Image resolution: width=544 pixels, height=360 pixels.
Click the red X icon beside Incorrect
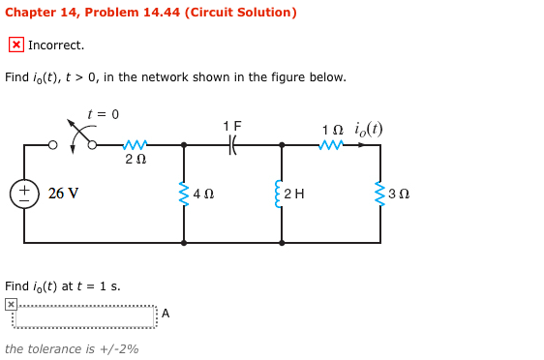tap(16, 45)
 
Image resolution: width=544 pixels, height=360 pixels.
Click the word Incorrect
tap(56, 45)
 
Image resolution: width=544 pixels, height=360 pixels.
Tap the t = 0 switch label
tap(103, 114)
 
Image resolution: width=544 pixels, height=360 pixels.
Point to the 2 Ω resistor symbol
tap(135, 145)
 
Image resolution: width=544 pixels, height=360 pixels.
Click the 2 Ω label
tap(136, 160)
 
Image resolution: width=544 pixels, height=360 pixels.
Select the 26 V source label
tap(64, 194)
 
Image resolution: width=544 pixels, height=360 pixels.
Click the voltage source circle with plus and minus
tap(24, 194)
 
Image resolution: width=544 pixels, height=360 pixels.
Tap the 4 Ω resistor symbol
tap(184, 194)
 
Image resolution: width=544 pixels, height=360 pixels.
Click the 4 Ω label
tap(203, 194)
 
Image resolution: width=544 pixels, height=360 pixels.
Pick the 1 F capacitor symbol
tap(232, 145)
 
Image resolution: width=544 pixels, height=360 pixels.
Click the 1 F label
tap(232, 126)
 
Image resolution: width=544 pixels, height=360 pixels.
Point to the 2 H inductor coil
tap(282, 194)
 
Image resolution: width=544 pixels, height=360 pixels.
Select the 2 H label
tap(295, 194)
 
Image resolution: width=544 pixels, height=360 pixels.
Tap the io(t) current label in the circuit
tap(368, 129)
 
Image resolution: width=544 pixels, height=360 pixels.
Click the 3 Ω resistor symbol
tap(380, 194)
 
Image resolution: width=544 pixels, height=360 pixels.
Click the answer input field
tap(84, 315)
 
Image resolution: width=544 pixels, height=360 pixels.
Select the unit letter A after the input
tap(166, 313)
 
